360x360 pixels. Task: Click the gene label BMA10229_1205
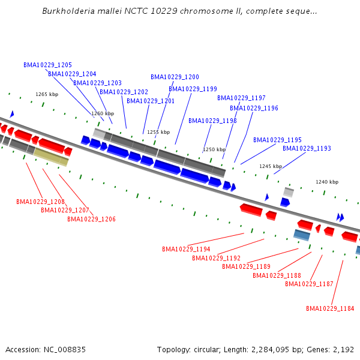point(48,65)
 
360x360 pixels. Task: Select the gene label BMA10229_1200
point(175,77)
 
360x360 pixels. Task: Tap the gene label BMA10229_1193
point(307,148)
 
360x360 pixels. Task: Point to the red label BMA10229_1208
point(40,202)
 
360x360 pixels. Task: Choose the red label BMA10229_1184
point(330,308)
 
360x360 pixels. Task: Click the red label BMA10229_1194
point(186,249)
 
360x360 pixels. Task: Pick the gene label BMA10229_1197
point(241,98)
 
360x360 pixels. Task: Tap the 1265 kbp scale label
point(47,94)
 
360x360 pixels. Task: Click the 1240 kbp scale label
point(327,182)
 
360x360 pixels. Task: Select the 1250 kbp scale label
point(214,149)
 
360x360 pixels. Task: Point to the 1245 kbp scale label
point(271,166)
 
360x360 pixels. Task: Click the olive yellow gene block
point(51,157)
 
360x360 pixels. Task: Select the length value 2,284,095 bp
point(286,349)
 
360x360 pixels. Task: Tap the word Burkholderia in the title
point(67,11)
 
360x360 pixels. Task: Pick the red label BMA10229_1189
point(246,266)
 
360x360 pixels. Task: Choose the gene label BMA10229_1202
point(124,92)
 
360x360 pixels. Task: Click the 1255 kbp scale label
point(158,132)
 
